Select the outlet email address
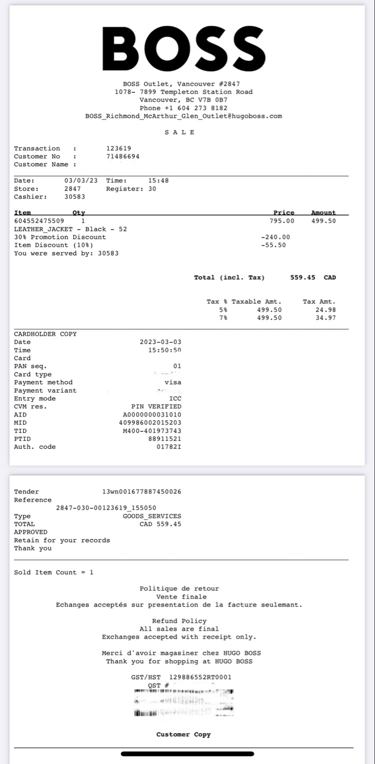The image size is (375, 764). point(184,116)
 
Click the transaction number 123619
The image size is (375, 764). point(119,149)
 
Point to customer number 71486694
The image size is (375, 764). point(123,157)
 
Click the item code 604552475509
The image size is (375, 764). point(39,221)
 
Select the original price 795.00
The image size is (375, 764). point(282,221)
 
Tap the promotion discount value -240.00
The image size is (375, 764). point(276,237)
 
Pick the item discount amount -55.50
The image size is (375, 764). point(274,245)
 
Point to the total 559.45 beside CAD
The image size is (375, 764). point(303,277)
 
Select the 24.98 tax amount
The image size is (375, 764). point(325,310)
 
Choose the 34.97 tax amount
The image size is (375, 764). point(325,318)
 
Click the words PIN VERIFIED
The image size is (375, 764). point(156,407)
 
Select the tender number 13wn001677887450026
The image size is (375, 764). point(142,492)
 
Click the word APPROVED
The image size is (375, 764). point(31,532)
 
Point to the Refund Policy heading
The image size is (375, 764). point(179,621)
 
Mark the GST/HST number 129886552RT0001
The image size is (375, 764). point(200,678)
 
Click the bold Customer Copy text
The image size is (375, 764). point(184,735)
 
